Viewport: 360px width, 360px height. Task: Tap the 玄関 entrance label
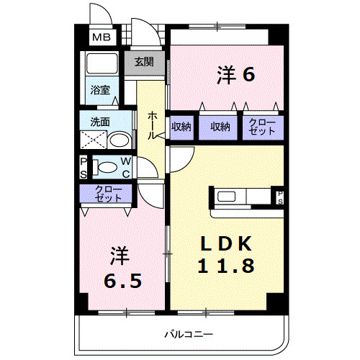[144, 62]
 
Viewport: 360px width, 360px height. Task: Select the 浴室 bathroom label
[100, 90]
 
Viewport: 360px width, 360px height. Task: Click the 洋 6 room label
[235, 73]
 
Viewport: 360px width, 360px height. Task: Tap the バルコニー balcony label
[187, 334]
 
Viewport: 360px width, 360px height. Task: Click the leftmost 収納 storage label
[181, 127]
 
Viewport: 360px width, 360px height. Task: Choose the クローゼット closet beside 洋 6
[262, 127]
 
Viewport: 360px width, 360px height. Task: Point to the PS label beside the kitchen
[280, 197]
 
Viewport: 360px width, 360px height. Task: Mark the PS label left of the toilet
[83, 166]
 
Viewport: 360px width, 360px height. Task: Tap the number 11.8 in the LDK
[226, 266]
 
